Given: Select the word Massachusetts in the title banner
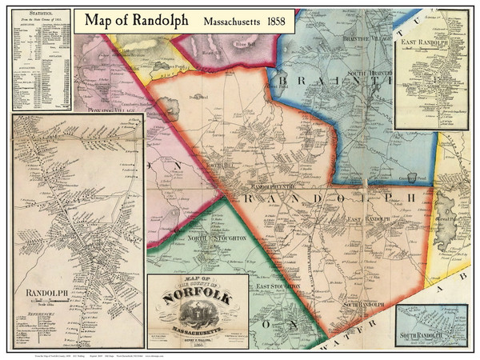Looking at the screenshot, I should click(225, 22).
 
